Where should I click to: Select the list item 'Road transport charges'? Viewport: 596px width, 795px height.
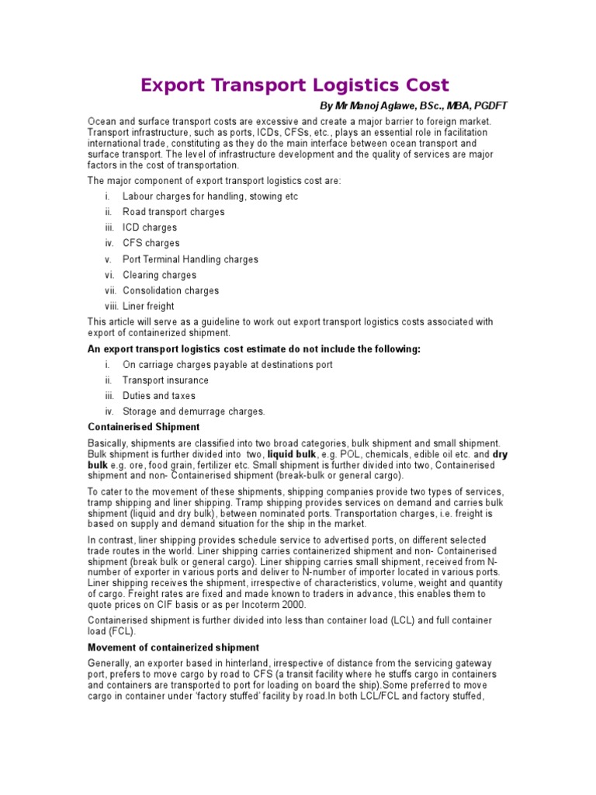[x=173, y=212]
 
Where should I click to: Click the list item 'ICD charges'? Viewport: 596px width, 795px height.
[x=150, y=227]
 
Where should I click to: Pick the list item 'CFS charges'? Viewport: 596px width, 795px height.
[x=151, y=243]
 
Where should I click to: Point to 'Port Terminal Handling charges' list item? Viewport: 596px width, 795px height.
[x=190, y=259]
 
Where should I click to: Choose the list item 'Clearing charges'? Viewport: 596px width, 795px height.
[x=159, y=275]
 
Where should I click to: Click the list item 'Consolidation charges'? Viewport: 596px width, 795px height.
[x=171, y=290]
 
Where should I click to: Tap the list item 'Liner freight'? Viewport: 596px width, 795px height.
[x=148, y=307]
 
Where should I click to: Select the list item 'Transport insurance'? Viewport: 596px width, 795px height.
[x=165, y=380]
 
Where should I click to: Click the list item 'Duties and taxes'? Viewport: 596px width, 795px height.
[x=159, y=396]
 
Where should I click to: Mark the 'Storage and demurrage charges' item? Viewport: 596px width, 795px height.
[x=194, y=411]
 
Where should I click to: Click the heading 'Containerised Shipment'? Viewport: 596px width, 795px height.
[x=144, y=427]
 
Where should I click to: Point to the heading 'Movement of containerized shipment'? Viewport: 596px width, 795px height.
[x=173, y=647]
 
